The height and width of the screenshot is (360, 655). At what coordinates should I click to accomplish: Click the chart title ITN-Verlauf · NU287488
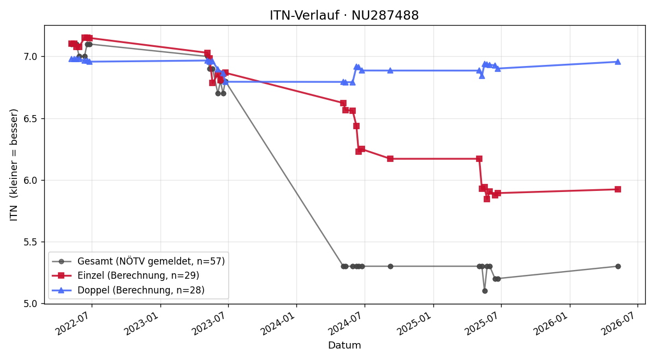tap(344, 15)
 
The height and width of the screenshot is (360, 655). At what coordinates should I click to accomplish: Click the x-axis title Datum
tap(344, 345)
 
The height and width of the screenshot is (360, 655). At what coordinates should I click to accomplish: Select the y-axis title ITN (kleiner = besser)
tap(14, 165)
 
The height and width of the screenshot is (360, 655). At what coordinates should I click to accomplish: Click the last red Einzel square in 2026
tap(618, 189)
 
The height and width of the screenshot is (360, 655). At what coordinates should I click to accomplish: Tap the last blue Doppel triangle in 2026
tap(618, 62)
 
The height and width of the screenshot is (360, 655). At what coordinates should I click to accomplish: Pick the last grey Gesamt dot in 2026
tap(618, 267)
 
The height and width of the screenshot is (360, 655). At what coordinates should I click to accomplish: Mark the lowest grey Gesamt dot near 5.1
tap(485, 291)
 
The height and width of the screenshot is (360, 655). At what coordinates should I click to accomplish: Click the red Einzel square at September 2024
tap(390, 159)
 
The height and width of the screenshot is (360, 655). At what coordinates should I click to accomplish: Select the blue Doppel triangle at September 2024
tap(390, 70)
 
